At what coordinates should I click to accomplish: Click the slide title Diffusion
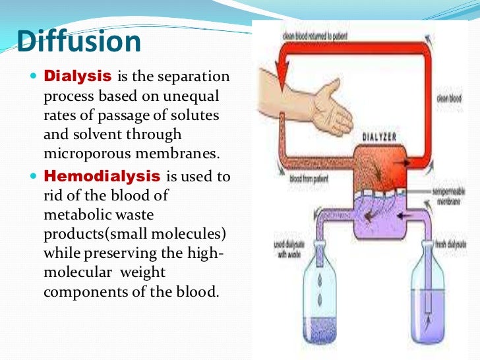(79, 42)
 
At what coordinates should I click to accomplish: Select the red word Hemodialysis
(102, 177)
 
